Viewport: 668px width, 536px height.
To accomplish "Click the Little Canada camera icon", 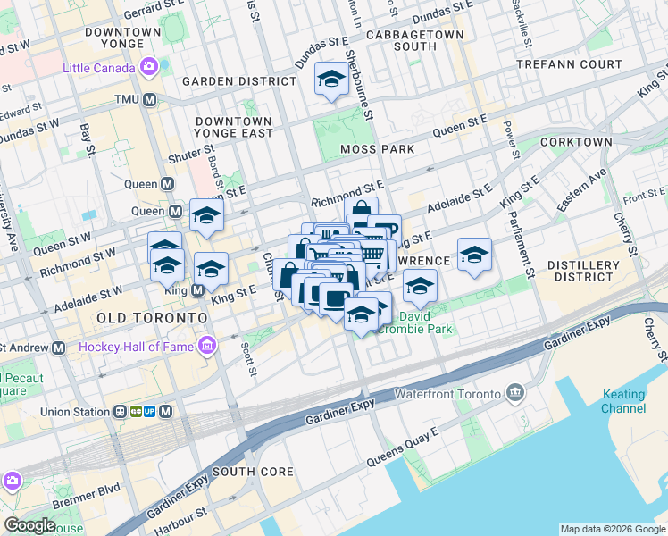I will click(148, 67).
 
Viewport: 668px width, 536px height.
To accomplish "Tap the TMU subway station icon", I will click(150, 99).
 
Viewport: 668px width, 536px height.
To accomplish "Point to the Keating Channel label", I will click(622, 401).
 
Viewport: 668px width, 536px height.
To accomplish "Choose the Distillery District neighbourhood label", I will click(583, 272).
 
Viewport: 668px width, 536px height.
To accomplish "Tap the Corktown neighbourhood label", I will click(577, 142).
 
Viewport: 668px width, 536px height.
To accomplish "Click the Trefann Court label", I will click(570, 64).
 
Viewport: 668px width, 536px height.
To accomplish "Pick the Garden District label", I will click(238, 81).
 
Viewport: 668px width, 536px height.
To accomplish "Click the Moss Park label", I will click(378, 148).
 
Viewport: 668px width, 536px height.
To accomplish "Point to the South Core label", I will click(247, 472).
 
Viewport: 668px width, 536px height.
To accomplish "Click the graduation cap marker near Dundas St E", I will click(331, 80).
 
